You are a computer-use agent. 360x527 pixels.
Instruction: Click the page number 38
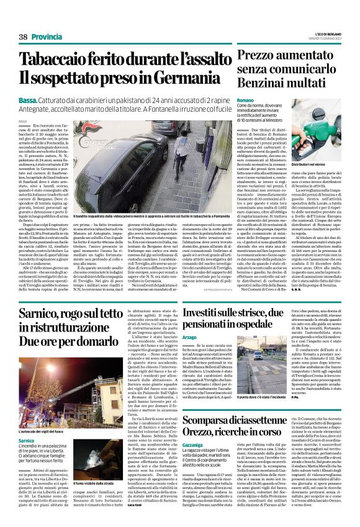23,37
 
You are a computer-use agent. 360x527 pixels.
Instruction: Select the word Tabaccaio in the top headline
54,60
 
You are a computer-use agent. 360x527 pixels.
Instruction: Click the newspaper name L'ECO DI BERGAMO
328,34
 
